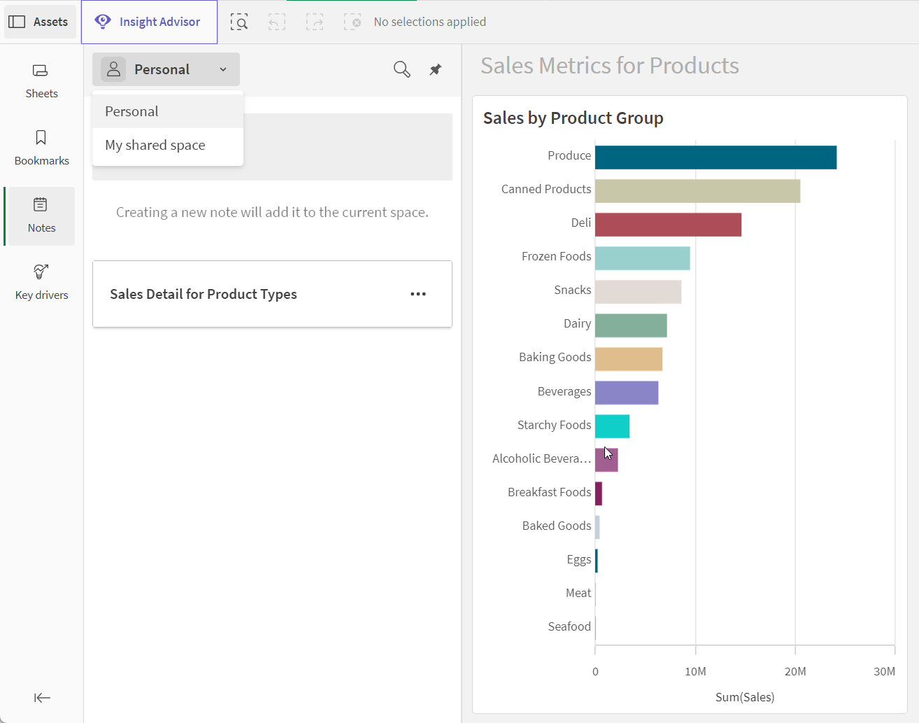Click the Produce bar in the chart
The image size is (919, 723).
(715, 157)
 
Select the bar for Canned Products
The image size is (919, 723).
(698, 191)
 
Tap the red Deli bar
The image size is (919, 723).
(669, 225)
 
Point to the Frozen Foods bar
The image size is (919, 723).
(643, 258)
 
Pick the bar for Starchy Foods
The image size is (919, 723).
(613, 426)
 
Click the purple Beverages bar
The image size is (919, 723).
(627, 393)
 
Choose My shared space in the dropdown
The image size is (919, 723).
(155, 145)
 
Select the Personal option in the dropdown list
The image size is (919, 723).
(131, 111)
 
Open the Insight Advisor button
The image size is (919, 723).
(149, 22)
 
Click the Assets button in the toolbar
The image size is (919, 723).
(40, 22)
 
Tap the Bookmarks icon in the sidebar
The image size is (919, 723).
(41, 138)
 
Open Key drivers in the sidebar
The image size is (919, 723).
(41, 283)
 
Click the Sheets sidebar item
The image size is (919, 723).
(41, 81)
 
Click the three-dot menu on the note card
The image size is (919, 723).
(418, 294)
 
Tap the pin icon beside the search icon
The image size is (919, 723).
(435, 69)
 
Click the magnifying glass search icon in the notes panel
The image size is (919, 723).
(402, 69)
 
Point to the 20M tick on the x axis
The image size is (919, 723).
(795, 672)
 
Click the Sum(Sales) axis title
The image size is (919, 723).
(745, 697)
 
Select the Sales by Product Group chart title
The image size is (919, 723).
(573, 118)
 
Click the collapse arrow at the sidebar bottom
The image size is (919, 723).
(42, 698)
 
